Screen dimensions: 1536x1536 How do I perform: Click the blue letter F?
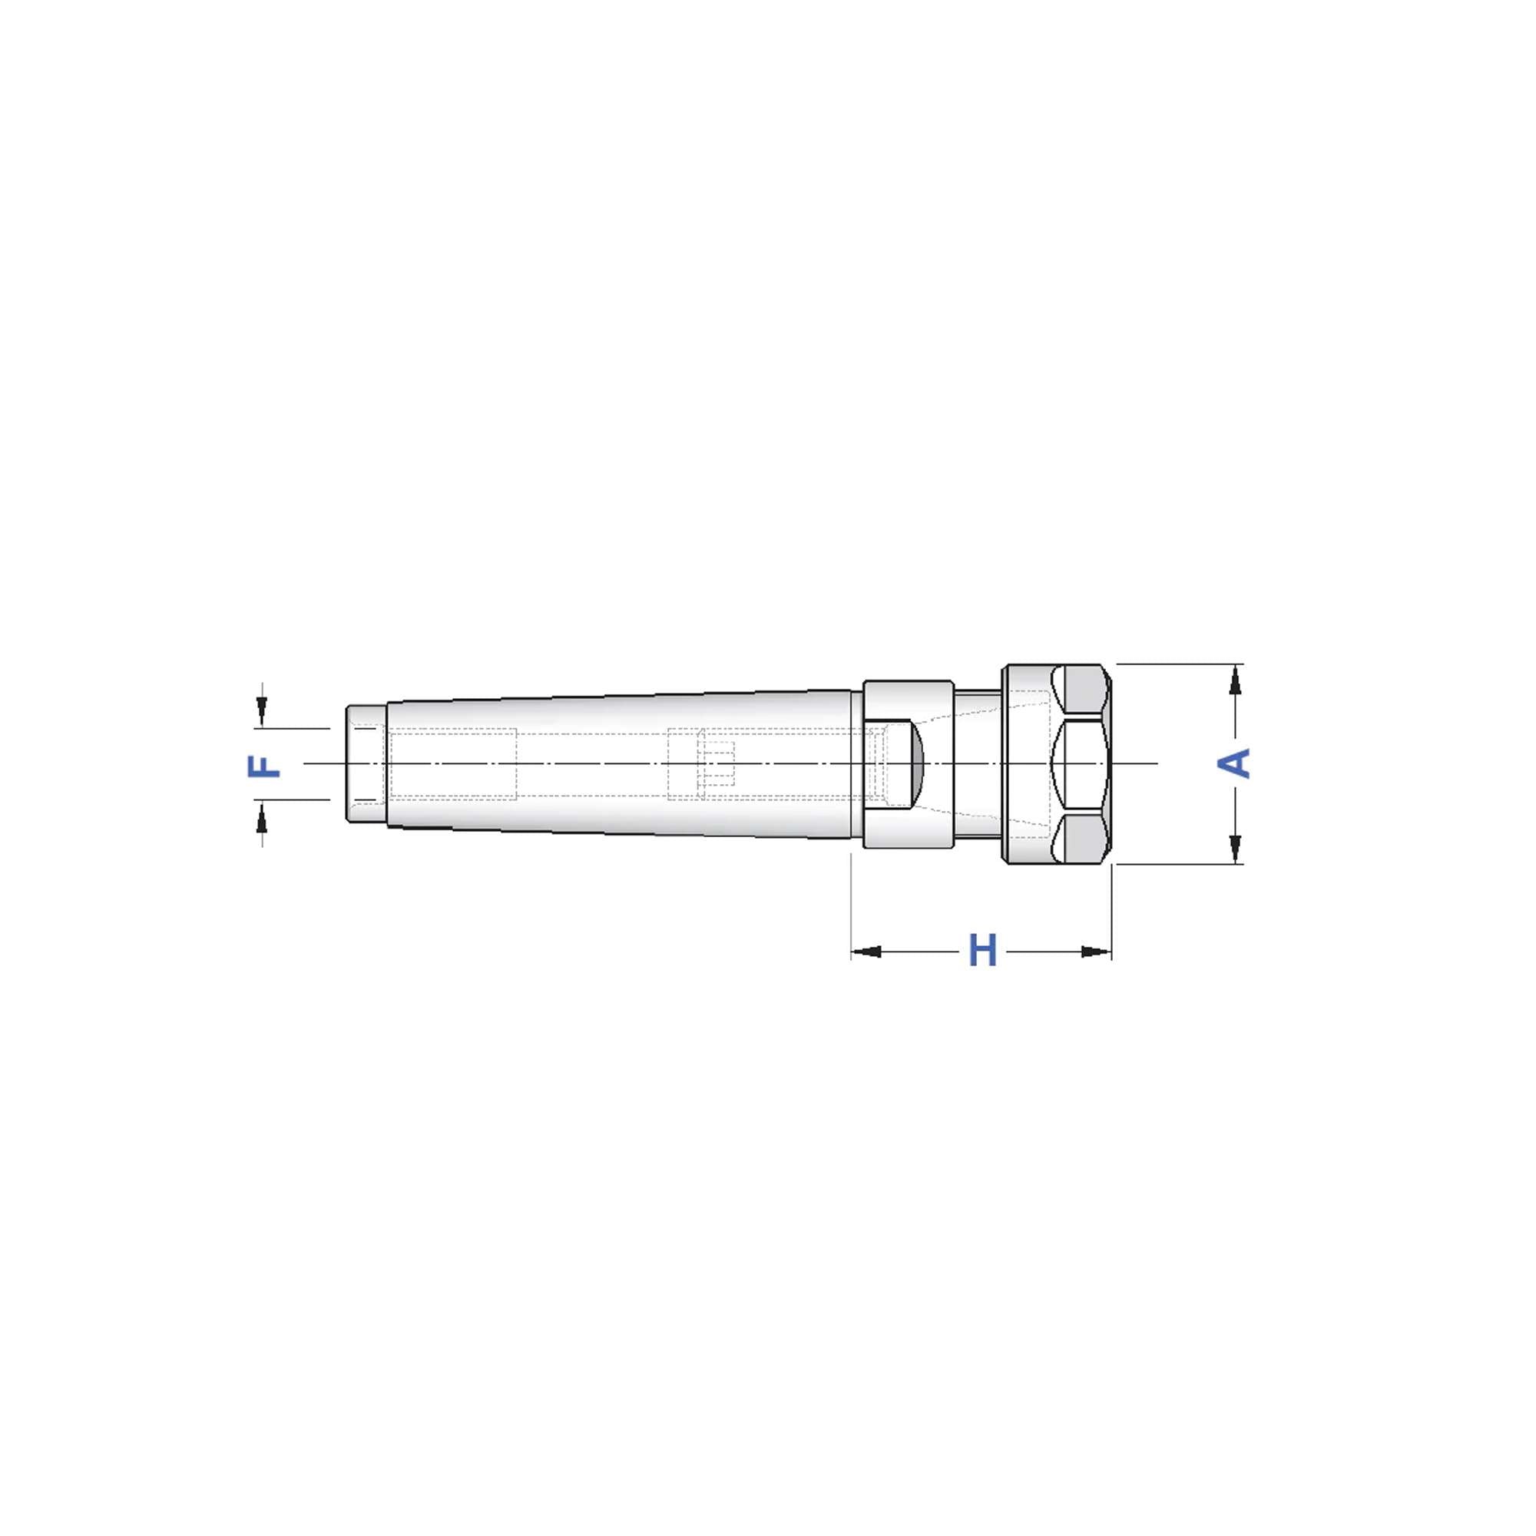(x=265, y=766)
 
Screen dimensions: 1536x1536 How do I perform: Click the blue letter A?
(x=1235, y=763)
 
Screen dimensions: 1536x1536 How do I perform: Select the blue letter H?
(x=983, y=951)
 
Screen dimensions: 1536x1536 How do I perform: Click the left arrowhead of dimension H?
(x=866, y=952)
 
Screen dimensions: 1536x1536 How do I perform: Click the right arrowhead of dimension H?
(x=1097, y=952)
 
